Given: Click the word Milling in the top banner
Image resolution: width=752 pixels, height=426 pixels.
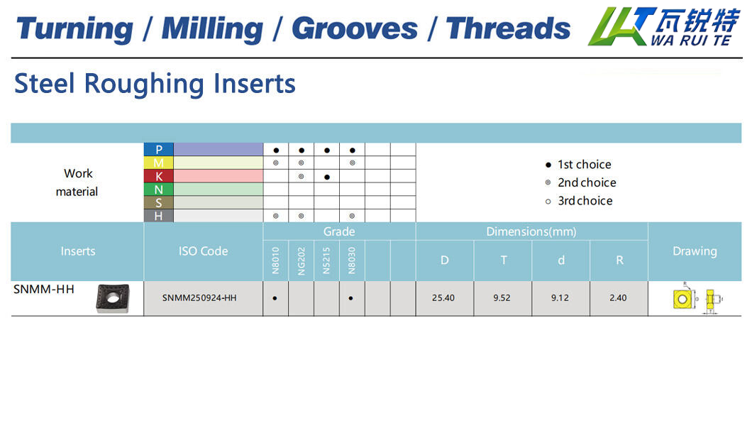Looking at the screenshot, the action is click(x=212, y=29).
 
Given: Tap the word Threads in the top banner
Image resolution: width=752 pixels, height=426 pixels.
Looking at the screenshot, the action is click(x=509, y=28).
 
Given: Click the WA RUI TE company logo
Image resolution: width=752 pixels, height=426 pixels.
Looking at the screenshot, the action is click(x=664, y=26).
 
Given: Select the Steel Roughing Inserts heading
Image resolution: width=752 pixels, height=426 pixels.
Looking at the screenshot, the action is click(x=155, y=84).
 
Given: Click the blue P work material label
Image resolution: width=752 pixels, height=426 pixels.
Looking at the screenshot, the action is click(x=159, y=149).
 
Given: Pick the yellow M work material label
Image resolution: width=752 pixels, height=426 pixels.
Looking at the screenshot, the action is click(x=159, y=163).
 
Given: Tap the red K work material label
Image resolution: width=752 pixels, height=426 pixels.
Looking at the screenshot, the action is click(x=159, y=176).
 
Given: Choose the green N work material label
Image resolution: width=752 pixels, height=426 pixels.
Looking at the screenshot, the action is click(x=159, y=190).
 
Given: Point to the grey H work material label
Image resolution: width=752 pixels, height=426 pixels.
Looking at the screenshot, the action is click(x=159, y=216).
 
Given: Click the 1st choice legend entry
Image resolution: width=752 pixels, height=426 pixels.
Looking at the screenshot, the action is click(x=578, y=165).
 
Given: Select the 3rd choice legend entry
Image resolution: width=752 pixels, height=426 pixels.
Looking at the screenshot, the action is click(x=579, y=201).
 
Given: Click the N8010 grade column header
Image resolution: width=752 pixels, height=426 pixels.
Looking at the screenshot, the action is click(x=276, y=261).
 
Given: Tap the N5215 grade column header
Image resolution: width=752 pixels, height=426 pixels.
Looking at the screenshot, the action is click(x=326, y=261).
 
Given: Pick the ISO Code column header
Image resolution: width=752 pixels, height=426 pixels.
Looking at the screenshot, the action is click(x=204, y=251).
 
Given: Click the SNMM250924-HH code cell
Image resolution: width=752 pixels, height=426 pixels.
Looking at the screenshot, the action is click(x=199, y=298).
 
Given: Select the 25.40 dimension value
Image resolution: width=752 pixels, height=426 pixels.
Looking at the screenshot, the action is click(x=443, y=298).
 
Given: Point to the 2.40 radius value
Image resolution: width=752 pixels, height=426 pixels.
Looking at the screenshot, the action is click(x=618, y=298).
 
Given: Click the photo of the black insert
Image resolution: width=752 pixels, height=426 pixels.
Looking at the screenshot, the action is click(x=113, y=298).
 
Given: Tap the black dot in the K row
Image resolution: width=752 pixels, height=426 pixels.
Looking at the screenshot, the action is click(x=327, y=177).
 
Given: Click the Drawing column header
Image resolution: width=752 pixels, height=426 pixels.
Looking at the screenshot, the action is click(x=695, y=251).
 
